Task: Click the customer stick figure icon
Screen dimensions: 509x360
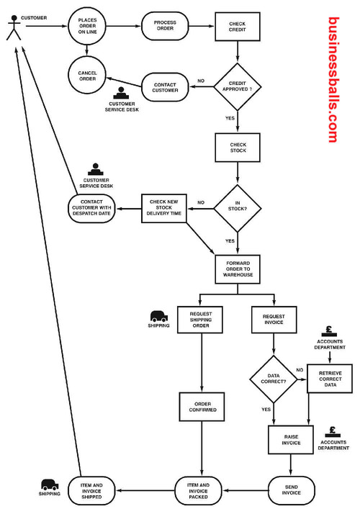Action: point(13,28)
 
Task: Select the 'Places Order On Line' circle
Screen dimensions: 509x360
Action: point(87,27)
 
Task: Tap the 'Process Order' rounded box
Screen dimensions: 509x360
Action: point(165,27)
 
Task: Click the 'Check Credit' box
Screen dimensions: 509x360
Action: point(237,27)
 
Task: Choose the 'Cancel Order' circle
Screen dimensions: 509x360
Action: point(87,75)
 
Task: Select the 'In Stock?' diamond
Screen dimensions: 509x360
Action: point(238,209)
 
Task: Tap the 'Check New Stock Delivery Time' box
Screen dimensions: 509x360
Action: point(164,208)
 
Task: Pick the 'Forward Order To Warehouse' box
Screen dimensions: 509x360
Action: point(238,269)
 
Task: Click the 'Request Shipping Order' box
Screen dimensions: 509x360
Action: point(201,319)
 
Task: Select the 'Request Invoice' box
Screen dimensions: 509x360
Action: point(274,319)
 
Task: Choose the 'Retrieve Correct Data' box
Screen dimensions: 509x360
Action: point(330,379)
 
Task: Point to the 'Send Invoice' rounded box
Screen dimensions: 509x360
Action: point(292,492)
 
